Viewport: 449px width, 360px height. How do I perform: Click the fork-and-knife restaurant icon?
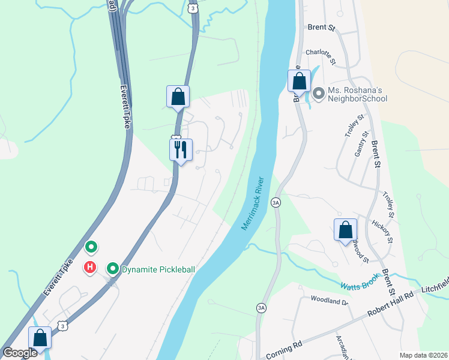point(181,149)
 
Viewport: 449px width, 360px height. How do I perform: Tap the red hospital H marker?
point(90,267)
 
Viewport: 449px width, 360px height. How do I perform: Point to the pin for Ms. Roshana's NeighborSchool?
point(318,94)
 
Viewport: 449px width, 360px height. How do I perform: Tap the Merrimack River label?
point(253,203)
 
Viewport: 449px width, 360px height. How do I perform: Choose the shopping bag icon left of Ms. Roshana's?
point(299,80)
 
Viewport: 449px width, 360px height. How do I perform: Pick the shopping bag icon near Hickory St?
point(345,230)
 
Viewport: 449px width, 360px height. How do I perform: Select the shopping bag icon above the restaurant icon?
point(178,96)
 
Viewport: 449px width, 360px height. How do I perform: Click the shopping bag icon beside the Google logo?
point(40,337)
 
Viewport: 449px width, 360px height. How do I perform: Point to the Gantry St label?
point(360,145)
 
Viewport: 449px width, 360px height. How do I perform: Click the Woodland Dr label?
point(329,300)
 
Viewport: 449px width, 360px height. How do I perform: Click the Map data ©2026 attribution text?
point(423,355)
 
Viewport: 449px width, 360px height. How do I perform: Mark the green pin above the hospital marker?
point(91,247)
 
